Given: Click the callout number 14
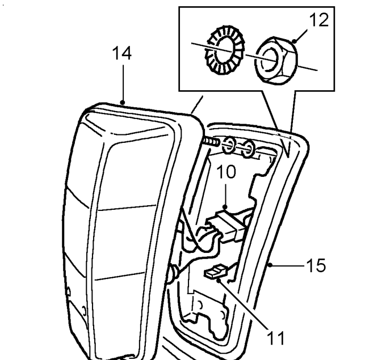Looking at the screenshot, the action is pos(121,53).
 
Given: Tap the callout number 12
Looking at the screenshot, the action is pos(319,20).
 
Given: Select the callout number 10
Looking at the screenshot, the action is pos(226,172).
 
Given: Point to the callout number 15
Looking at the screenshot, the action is pos(316,265).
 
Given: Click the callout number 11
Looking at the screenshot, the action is pos(276,338).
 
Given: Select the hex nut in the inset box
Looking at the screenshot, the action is pos(276,61).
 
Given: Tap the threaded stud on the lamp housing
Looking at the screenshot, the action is pos(211,142).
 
